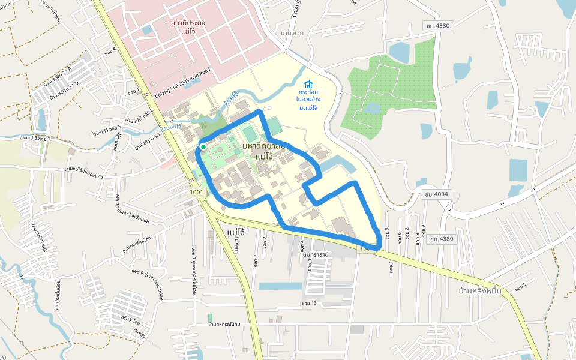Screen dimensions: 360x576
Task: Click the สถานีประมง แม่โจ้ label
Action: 188,26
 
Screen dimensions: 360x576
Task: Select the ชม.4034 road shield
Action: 436,194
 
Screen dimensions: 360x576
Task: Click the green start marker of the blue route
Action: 203,146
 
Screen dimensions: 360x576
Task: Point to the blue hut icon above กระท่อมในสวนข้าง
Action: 308,84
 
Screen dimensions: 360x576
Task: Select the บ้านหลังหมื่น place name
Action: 479,291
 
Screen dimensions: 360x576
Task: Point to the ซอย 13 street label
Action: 310,303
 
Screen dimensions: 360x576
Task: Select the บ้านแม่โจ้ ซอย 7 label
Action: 35,139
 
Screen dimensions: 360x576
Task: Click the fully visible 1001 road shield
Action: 197,192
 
